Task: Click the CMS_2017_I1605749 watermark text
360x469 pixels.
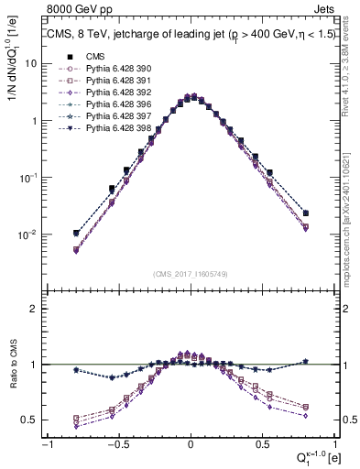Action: pyautogui.click(x=191, y=274)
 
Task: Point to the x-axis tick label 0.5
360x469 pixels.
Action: pyautogui.click(x=263, y=446)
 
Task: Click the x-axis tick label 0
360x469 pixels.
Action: pyautogui.click(x=191, y=446)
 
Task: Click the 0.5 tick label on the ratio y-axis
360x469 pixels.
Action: pyautogui.click(x=31, y=420)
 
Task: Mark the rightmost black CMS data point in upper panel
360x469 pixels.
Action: pyautogui.click(x=306, y=213)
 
